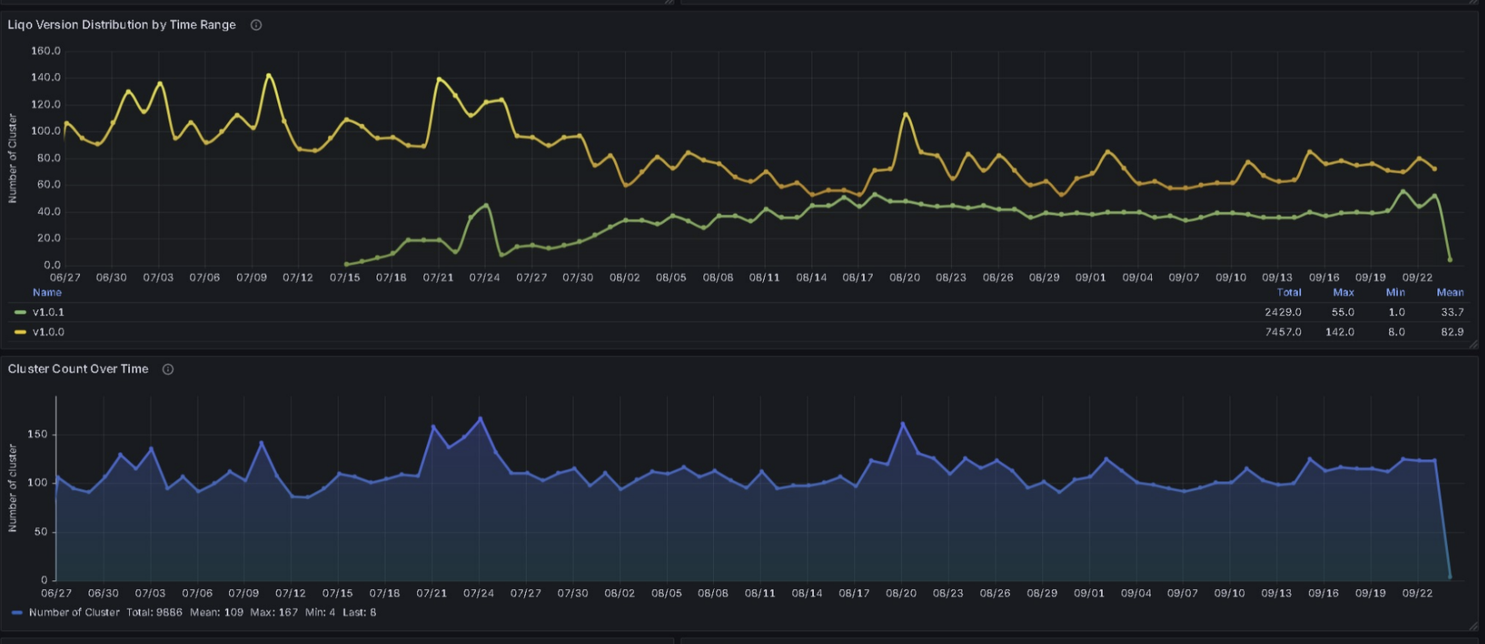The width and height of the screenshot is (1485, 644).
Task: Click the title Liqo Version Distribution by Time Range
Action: point(122,25)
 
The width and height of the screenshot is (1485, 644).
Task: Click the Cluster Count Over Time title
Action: point(78,369)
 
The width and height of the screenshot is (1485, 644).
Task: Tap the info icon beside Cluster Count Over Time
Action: point(168,369)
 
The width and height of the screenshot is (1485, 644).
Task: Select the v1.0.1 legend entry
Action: point(48,312)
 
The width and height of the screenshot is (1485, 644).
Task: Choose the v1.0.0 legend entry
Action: point(48,332)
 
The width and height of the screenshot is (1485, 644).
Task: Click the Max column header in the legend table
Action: point(1343,293)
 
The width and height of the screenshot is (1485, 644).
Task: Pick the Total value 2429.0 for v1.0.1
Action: point(1283,312)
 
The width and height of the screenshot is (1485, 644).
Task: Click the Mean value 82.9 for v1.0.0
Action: point(1452,332)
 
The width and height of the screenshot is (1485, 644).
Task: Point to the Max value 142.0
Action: point(1340,332)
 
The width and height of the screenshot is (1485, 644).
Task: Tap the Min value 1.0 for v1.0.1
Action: point(1396,312)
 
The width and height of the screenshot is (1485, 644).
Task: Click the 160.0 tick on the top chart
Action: point(46,51)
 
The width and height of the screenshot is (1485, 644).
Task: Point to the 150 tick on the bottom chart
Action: point(38,434)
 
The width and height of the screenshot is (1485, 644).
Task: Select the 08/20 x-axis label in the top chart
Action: point(904,277)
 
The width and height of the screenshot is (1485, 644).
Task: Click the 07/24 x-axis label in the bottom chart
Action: point(478,593)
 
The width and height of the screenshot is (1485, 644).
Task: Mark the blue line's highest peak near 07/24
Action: point(481,419)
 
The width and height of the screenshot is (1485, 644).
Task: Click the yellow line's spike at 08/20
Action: point(905,114)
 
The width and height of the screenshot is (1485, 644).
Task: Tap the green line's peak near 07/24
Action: point(486,206)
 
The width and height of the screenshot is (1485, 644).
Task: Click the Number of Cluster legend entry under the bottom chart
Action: point(74,613)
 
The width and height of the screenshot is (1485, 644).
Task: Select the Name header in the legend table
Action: point(47,293)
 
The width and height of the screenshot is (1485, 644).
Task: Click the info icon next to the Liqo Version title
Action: point(256,25)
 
